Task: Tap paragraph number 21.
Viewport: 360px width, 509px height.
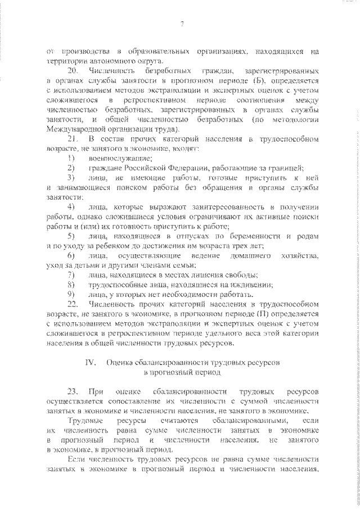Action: (x=73, y=137)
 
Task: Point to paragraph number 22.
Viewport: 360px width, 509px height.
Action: (x=73, y=303)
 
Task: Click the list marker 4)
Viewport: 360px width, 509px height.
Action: (x=71, y=208)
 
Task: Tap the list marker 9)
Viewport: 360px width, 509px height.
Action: (x=71, y=294)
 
